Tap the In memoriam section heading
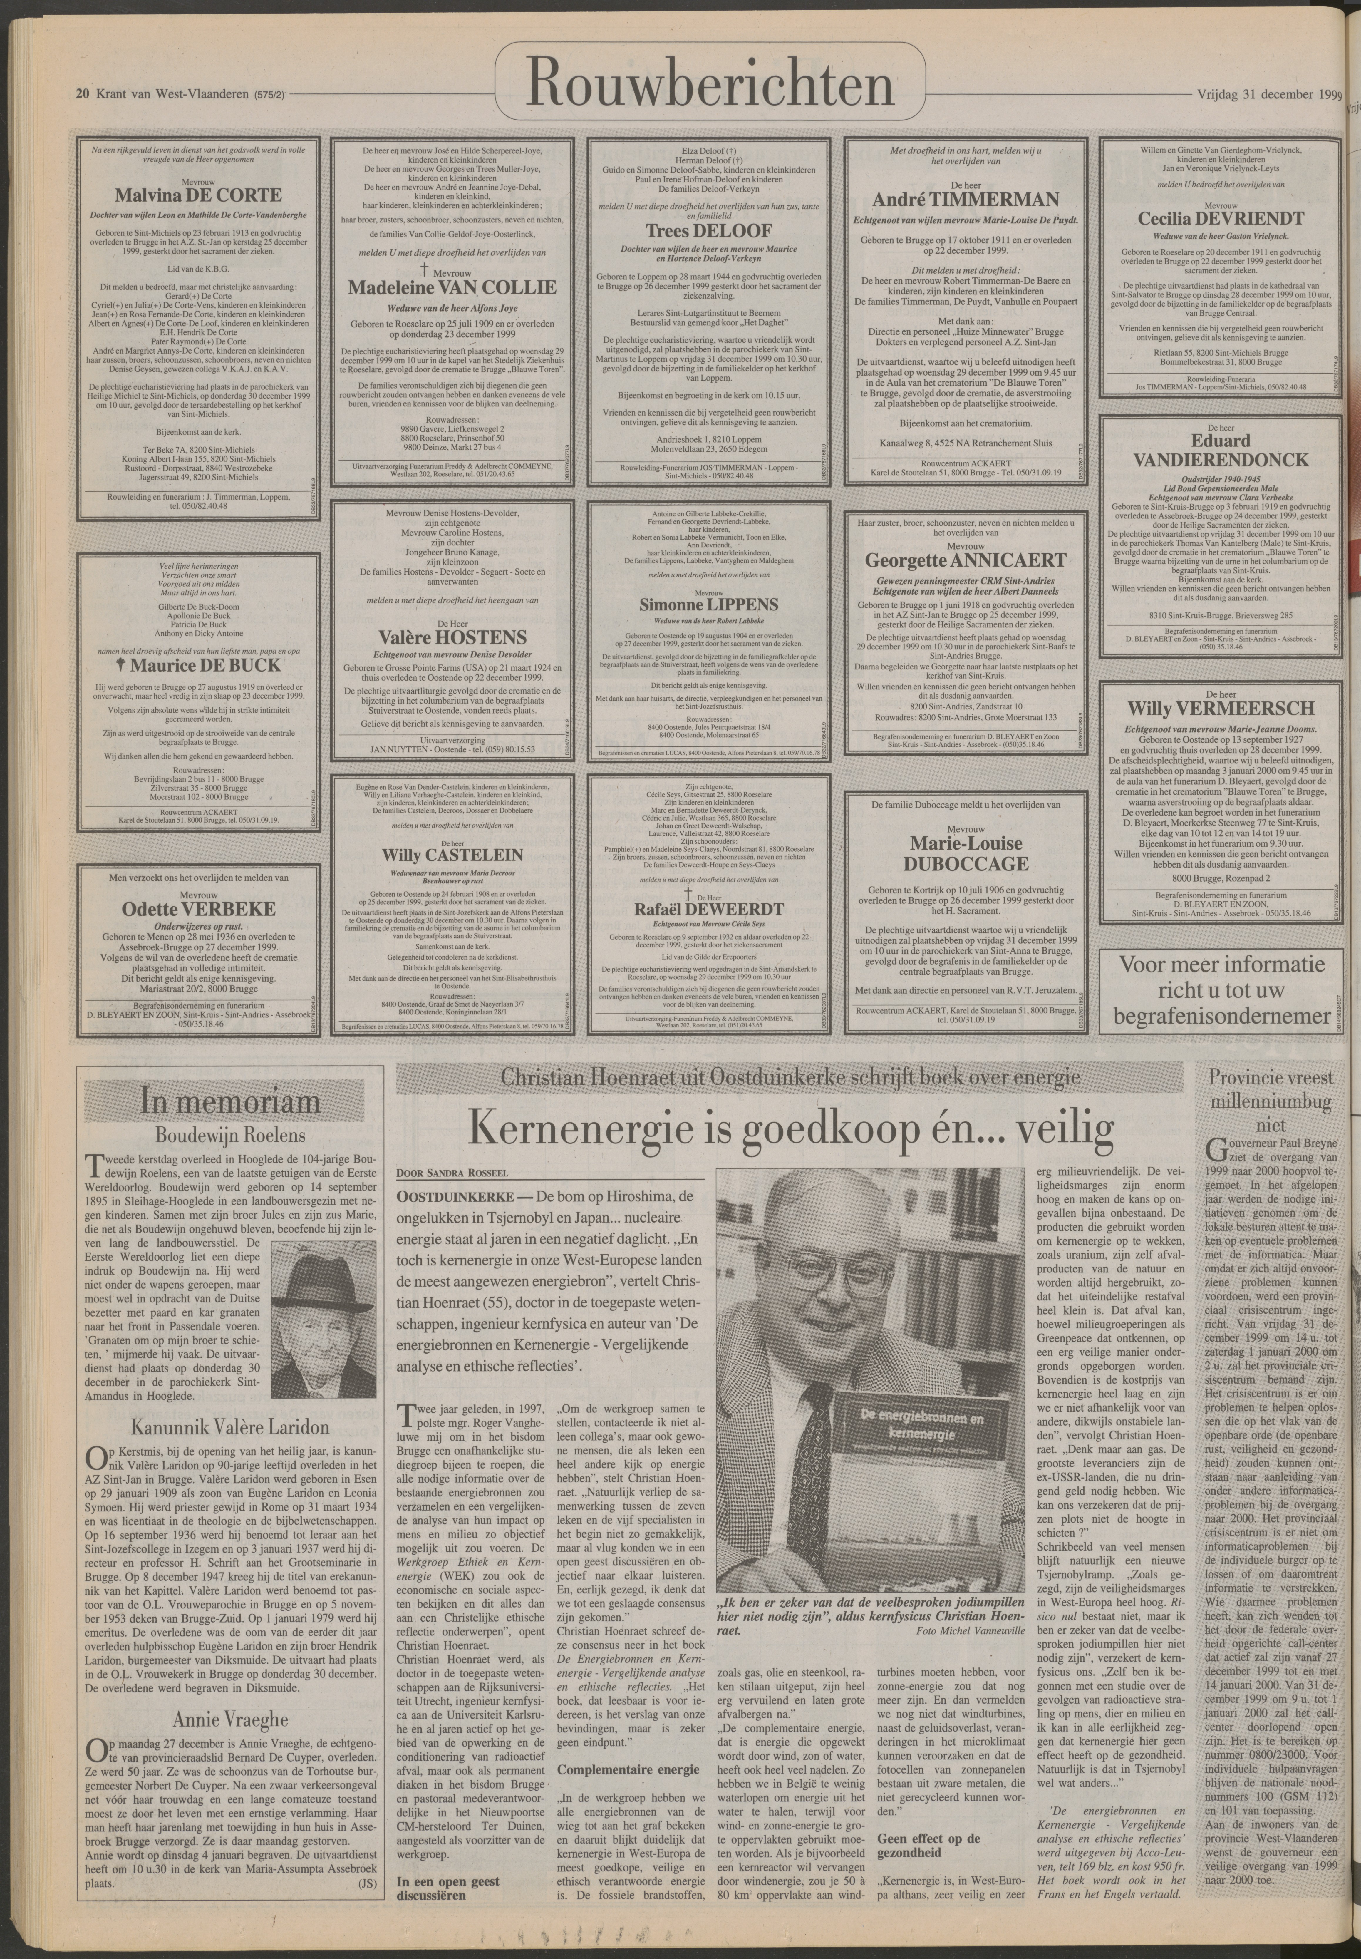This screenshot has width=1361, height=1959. pyautogui.click(x=230, y=1102)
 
